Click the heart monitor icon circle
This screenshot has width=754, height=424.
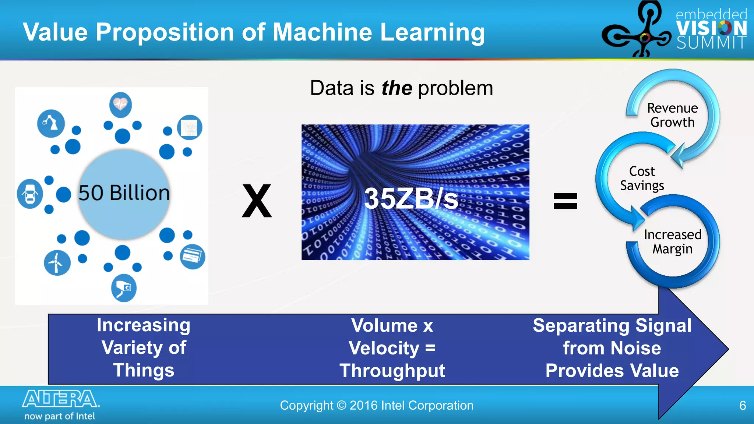click(120, 105)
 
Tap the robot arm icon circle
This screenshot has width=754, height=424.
click(51, 123)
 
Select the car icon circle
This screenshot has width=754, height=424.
click(30, 194)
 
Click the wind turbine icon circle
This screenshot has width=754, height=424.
click(57, 263)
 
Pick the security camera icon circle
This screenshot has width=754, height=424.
click(124, 288)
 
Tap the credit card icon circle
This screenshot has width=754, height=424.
click(193, 257)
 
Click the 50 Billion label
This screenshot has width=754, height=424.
click(124, 193)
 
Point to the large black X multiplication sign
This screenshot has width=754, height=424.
click(257, 201)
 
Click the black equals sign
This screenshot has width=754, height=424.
click(565, 201)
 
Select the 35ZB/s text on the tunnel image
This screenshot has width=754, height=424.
click(411, 199)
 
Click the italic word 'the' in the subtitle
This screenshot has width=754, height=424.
click(397, 88)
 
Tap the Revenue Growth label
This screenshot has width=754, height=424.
click(672, 115)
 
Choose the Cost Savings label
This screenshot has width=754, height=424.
click(642, 178)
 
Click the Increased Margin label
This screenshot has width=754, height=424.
click(672, 241)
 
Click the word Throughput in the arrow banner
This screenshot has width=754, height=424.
click(392, 371)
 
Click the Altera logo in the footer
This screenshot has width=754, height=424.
click(60, 399)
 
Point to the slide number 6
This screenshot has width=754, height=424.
click(743, 406)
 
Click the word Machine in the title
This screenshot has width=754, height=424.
click(322, 32)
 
